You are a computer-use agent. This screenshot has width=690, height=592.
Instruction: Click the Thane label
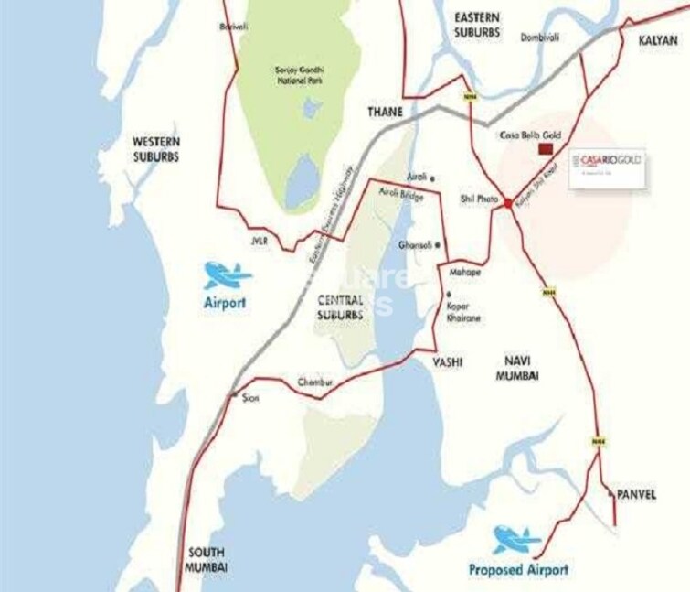pyautogui.click(x=385, y=112)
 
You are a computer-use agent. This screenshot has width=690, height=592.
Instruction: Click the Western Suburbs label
pyautogui.click(x=156, y=149)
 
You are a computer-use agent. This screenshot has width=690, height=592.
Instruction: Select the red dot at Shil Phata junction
pyautogui.click(x=507, y=203)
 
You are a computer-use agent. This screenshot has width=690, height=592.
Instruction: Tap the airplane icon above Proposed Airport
pyautogui.click(x=517, y=539)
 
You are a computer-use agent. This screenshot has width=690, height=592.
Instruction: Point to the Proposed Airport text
pyautogui.click(x=518, y=569)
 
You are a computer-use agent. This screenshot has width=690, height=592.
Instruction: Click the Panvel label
pyautogui.click(x=636, y=494)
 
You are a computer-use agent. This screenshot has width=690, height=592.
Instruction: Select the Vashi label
pyautogui.click(x=448, y=362)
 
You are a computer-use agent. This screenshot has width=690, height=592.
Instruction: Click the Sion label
pyautogui.click(x=250, y=399)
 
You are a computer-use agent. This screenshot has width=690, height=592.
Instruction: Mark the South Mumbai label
pyautogui.click(x=207, y=560)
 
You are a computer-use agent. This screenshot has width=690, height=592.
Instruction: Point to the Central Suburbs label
pyautogui.click(x=341, y=307)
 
